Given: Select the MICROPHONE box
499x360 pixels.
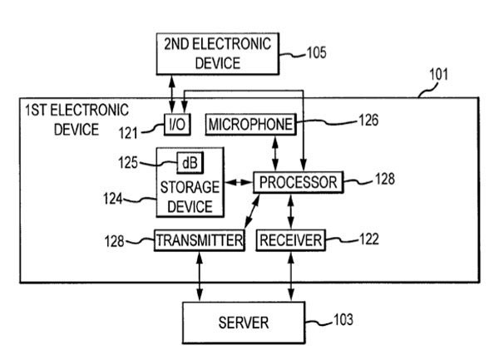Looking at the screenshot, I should [250, 125].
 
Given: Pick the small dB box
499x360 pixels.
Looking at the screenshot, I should [190, 161].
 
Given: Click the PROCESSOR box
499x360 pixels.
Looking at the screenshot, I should [297, 182].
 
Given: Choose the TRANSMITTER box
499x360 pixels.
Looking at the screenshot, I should [200, 240].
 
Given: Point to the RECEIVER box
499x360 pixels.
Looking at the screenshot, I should [290, 240].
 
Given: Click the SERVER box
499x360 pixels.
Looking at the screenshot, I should [244, 320].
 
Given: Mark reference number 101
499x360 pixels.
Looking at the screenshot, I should [438, 75].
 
